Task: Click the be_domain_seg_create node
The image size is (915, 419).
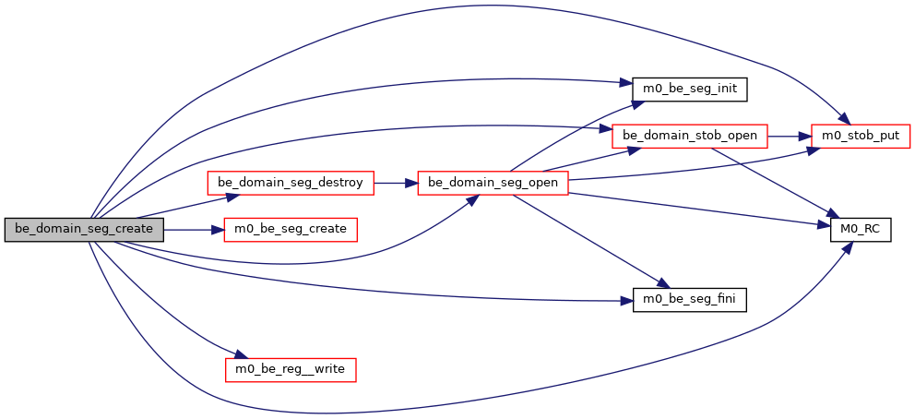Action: pos(84,229)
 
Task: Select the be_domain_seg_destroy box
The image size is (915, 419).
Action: pos(291,183)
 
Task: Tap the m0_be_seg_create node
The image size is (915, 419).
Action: pos(291,229)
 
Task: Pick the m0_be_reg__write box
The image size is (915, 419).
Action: pos(291,369)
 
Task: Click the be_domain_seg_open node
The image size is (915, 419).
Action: pos(493,183)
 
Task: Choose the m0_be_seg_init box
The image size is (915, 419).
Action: pos(689,90)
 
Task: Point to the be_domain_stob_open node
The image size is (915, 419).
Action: pos(690,136)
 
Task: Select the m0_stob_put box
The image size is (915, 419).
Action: pos(861,136)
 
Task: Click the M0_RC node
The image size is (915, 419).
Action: pos(861,229)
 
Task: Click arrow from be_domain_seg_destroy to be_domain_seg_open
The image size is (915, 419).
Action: pos(395,183)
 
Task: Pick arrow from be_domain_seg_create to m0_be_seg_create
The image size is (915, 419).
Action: pos(194,229)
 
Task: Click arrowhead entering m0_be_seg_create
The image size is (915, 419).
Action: pos(220,229)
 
